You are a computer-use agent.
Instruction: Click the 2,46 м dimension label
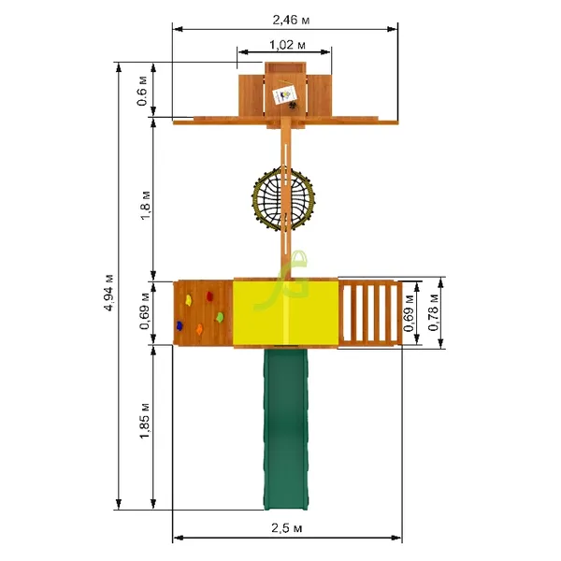click(291, 20)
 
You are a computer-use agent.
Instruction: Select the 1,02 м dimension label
click(287, 45)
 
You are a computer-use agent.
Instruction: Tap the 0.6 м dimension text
click(142, 91)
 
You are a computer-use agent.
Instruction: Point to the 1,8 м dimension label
click(146, 206)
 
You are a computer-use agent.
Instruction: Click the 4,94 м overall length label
click(108, 293)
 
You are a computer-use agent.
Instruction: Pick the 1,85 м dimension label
click(145, 421)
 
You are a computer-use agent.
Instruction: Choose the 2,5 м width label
click(287, 528)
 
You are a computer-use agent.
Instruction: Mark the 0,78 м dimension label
click(433, 312)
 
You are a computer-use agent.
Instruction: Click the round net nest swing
click(283, 198)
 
